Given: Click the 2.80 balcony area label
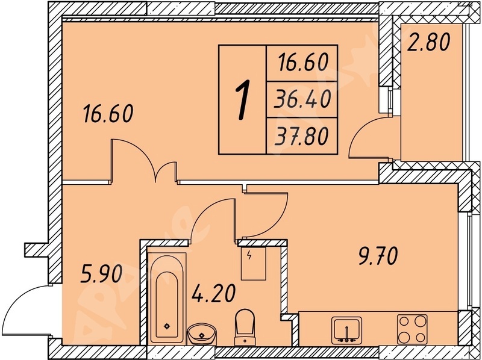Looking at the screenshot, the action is click(x=429, y=42).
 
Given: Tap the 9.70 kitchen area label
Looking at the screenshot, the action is click(x=378, y=256).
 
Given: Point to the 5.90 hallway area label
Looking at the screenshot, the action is click(x=101, y=274).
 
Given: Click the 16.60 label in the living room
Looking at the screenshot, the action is click(x=108, y=113).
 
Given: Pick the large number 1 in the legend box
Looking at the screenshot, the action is click(x=243, y=99).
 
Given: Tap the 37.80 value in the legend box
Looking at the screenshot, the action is click(x=301, y=136).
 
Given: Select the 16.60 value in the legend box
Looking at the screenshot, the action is click(x=302, y=64).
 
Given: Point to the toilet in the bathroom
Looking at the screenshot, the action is click(x=245, y=327).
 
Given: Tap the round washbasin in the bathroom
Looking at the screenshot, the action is click(x=202, y=334).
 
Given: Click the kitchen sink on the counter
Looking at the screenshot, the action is click(x=346, y=331).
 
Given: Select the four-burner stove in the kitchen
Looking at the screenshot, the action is click(x=412, y=329).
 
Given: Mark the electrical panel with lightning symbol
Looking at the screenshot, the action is click(x=253, y=263).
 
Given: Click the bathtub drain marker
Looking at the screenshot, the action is click(x=167, y=326).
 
